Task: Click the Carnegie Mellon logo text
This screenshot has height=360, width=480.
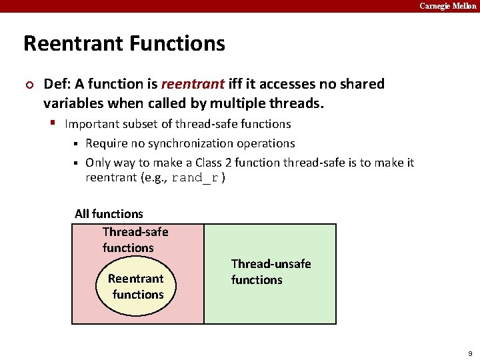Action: [x=447, y=6]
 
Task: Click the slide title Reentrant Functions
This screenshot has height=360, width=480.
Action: [x=124, y=44]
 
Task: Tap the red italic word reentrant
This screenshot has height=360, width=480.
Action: [x=193, y=84]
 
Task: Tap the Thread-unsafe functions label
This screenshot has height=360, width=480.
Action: [x=271, y=272]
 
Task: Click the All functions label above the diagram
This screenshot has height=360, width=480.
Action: [x=109, y=214]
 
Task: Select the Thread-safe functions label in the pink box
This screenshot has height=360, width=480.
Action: [x=135, y=240]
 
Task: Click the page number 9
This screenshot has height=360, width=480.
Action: [x=470, y=353]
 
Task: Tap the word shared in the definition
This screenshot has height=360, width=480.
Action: [x=363, y=84]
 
